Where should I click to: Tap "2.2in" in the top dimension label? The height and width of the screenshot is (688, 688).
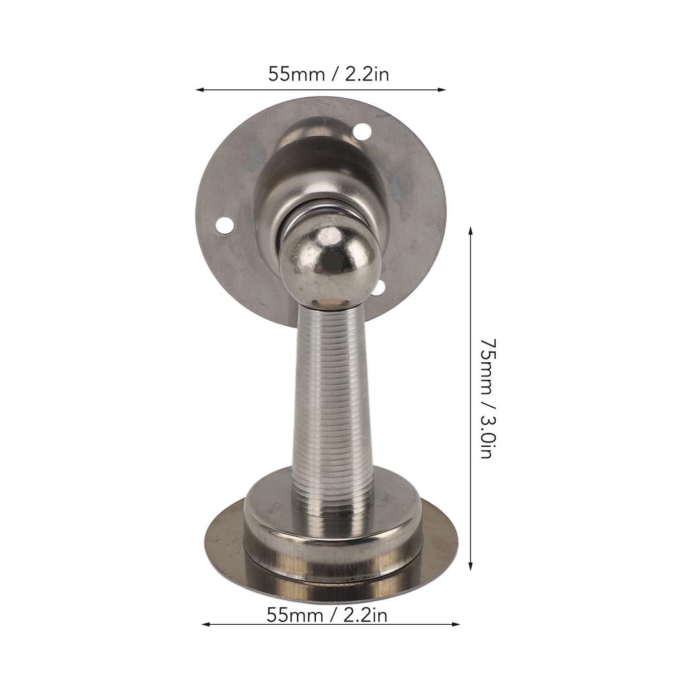point(367,74)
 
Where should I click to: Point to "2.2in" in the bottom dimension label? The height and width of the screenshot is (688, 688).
point(365,615)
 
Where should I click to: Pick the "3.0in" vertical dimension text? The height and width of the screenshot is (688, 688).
point(488,437)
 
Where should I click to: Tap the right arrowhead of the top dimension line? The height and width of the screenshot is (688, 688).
point(441,90)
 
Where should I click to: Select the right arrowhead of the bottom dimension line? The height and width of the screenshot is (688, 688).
point(456,624)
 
